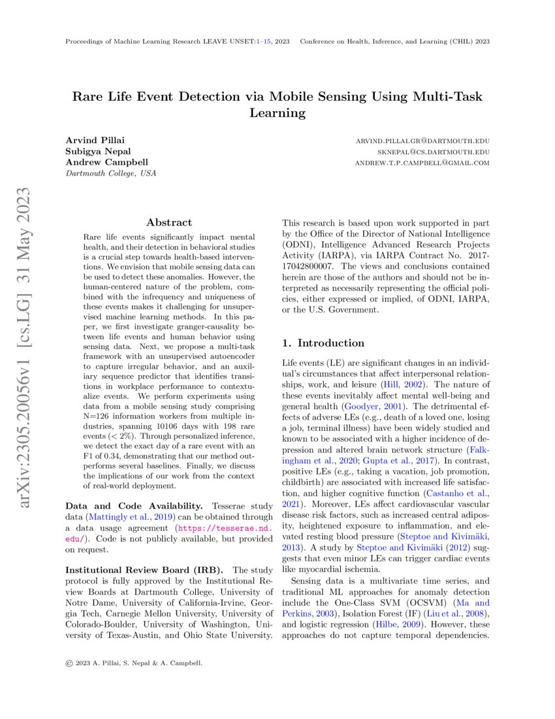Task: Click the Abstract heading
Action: tap(169, 223)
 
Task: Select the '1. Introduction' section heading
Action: tap(323, 343)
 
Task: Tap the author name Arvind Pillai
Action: tap(94, 141)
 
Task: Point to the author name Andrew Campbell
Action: tap(106, 162)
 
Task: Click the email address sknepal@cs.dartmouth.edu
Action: tap(431, 152)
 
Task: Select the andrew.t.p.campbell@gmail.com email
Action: tap(422, 163)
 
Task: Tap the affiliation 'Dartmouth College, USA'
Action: tap(110, 173)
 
